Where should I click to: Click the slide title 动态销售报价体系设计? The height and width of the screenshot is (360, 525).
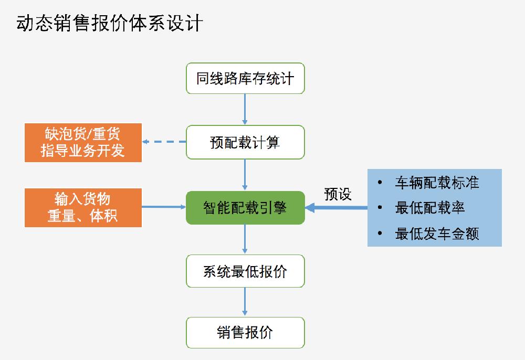coord(110,23)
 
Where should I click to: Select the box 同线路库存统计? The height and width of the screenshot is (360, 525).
coord(245,78)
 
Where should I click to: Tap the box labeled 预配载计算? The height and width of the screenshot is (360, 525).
coord(245,142)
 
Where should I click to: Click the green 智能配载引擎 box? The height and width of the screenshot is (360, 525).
coord(245,208)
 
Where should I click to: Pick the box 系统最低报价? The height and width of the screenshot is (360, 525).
coord(245,271)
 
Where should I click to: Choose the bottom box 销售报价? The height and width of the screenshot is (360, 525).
coord(245,333)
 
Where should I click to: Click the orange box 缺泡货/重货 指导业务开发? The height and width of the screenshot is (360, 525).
coord(83,143)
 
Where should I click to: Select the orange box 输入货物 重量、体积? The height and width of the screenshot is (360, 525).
coord(83,208)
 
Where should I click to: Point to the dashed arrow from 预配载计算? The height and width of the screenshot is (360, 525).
coord(164,142)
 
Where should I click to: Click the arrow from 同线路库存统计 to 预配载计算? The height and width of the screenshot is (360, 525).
coord(245,109)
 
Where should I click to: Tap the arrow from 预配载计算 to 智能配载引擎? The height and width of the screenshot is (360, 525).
coord(245,175)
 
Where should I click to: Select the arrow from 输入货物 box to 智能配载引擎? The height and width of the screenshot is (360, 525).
coord(164,207)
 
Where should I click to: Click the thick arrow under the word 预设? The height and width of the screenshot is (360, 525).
coord(336,208)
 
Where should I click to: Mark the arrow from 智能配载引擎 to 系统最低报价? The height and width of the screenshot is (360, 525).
coord(245,239)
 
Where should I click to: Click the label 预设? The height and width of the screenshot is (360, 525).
coord(338,194)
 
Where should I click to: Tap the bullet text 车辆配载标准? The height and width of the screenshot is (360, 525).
coord(437,183)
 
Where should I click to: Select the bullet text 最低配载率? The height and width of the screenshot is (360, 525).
coord(430,208)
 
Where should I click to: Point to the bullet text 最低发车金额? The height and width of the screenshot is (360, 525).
coord(437,234)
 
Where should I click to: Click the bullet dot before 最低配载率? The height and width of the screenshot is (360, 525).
coord(380,208)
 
